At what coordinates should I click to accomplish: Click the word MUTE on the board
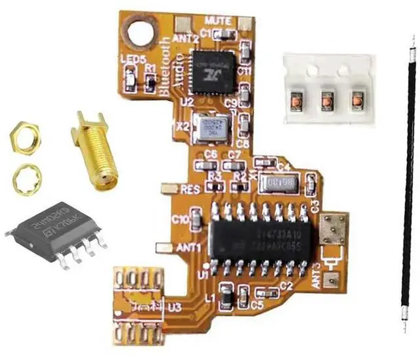(x=218, y=20)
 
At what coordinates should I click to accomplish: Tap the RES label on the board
(x=190, y=189)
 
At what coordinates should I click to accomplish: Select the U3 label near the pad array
(x=175, y=307)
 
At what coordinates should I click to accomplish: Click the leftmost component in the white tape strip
(x=296, y=101)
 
